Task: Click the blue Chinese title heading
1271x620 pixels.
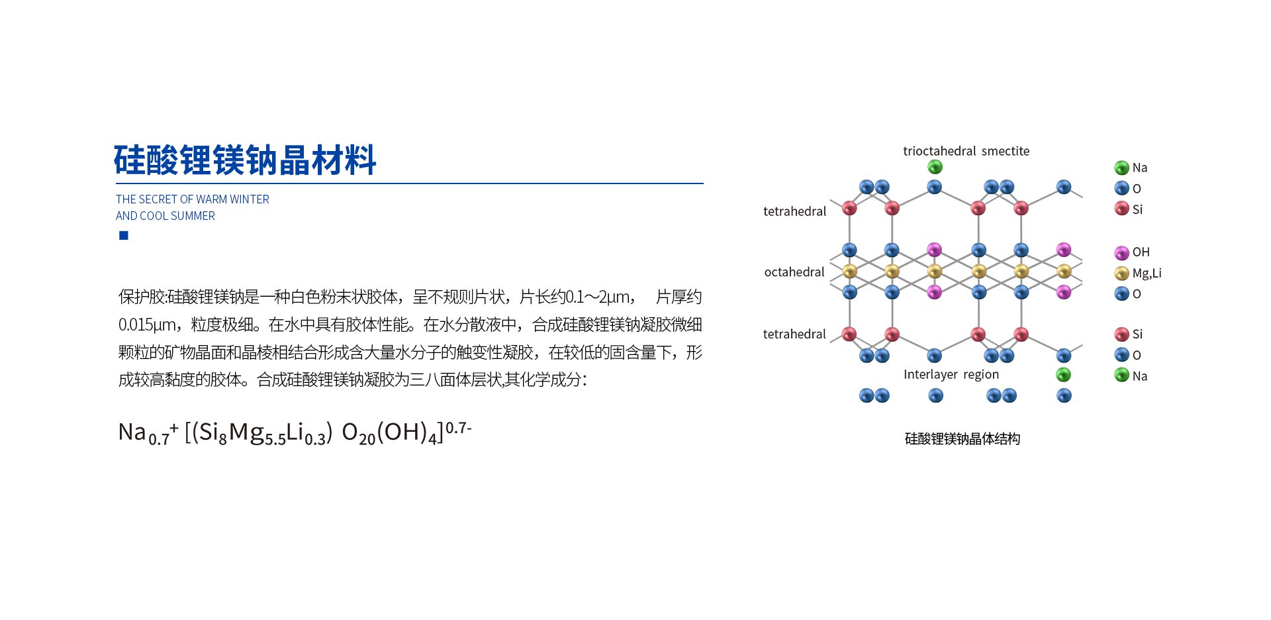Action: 245,160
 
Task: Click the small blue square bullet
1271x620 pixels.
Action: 124,236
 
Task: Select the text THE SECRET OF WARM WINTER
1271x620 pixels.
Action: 193,199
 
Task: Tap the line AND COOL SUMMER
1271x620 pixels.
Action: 165,216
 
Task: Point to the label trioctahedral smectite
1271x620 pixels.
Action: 966,151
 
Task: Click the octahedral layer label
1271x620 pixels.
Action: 794,272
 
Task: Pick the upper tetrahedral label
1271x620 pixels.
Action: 795,211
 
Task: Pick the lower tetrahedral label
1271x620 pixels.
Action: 794,334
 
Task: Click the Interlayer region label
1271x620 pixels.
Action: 951,375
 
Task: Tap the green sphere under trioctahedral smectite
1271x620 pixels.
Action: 935,167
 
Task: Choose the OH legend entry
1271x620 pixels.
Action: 1133,252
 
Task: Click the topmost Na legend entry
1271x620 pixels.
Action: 1131,168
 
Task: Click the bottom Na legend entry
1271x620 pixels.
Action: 1131,376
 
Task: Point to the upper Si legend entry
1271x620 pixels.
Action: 1129,209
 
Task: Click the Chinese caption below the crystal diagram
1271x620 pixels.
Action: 963,439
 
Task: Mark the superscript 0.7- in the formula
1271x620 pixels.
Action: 458,428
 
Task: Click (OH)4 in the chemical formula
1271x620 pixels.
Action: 407,433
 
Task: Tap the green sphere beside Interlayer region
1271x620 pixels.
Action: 1064,375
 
